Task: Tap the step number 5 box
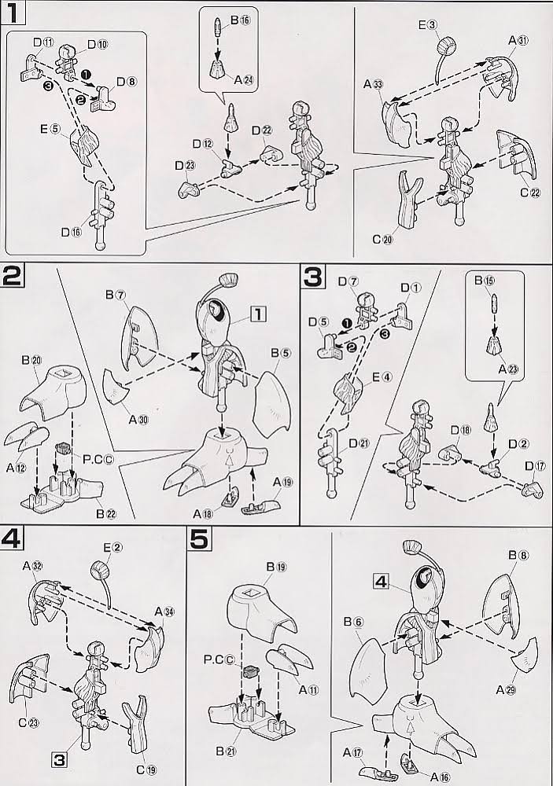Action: click(201, 540)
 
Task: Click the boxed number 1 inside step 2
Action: click(256, 314)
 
